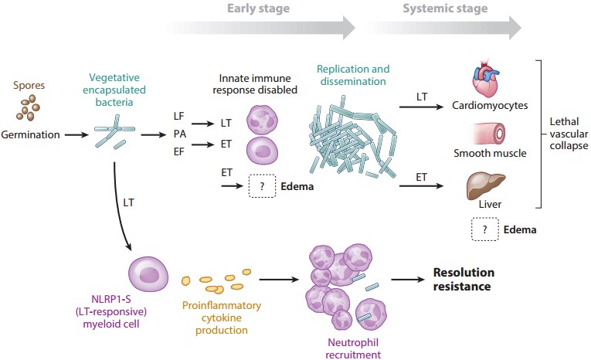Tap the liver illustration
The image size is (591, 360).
pyautogui.click(x=484, y=187)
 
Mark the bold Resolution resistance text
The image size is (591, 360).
pyautogui.click(x=463, y=279)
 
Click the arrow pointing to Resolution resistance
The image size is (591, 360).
pyautogui.click(x=406, y=280)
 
